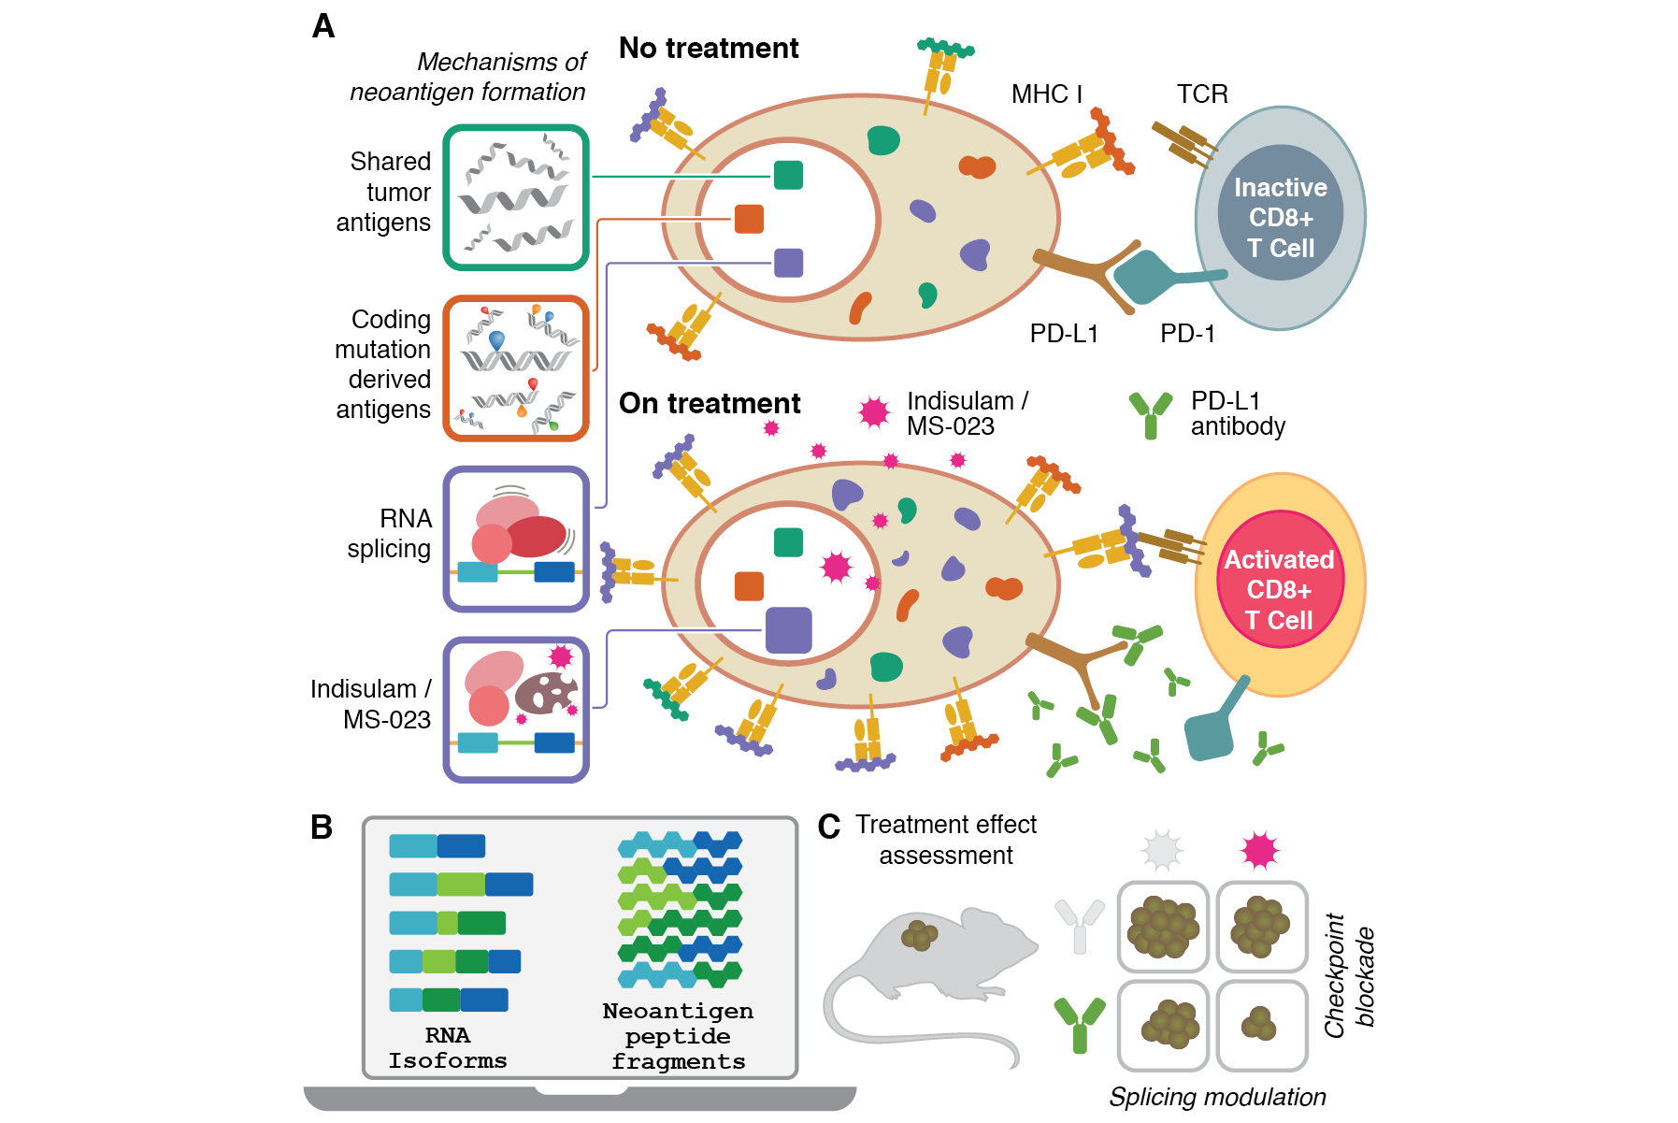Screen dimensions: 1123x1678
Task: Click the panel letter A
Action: tap(323, 26)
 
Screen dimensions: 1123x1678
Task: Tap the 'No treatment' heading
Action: tap(709, 48)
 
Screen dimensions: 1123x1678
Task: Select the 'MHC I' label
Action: tap(1046, 94)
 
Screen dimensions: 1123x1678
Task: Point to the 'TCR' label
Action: tap(1202, 94)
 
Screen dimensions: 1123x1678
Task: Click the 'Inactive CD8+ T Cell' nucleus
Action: tap(1280, 217)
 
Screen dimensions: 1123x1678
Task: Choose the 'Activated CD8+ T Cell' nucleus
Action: tap(1280, 589)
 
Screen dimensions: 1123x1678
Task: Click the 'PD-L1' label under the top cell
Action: tap(1064, 334)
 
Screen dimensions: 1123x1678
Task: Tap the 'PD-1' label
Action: tap(1187, 334)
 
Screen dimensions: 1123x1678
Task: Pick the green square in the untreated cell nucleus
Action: tap(788, 175)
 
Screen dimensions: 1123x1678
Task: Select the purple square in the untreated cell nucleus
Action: tap(788, 263)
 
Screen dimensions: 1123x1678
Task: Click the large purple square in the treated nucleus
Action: tap(788, 629)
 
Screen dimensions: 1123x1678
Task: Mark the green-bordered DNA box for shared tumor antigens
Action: tap(516, 197)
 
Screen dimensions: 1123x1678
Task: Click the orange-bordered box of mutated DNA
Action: tap(516, 367)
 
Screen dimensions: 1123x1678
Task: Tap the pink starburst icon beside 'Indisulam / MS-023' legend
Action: tap(874, 411)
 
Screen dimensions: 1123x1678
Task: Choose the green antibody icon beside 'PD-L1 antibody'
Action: tap(1151, 414)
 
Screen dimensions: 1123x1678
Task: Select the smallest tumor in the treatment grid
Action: tap(1260, 1024)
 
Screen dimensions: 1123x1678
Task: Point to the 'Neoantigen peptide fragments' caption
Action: tap(678, 1036)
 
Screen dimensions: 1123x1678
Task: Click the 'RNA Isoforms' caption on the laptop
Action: tap(448, 1047)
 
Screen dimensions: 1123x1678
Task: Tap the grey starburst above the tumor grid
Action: tap(1162, 850)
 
